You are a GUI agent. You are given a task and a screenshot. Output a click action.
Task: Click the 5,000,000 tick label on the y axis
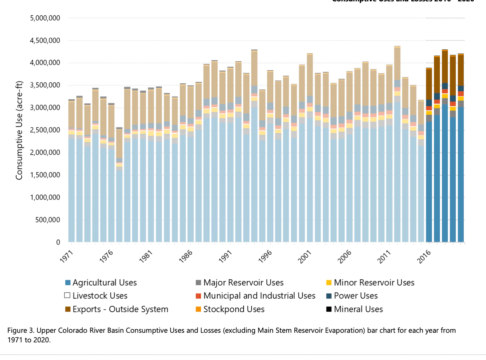pos(45,18)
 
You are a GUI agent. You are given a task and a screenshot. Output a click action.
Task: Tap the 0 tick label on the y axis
pos(58,242)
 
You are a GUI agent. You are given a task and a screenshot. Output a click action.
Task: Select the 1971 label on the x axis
pos(67,257)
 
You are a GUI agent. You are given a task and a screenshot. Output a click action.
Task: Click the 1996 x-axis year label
pos(265,257)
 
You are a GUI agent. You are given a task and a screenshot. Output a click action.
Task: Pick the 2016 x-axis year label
pos(424,257)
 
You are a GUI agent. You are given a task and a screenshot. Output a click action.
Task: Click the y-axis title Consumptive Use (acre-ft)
pos(19,130)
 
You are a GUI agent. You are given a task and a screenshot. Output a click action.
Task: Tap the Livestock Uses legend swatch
pos(67,295)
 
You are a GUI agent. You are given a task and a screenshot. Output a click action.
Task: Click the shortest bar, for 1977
pos(119,200)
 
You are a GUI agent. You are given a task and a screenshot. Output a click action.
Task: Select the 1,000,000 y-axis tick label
pos(45,198)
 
